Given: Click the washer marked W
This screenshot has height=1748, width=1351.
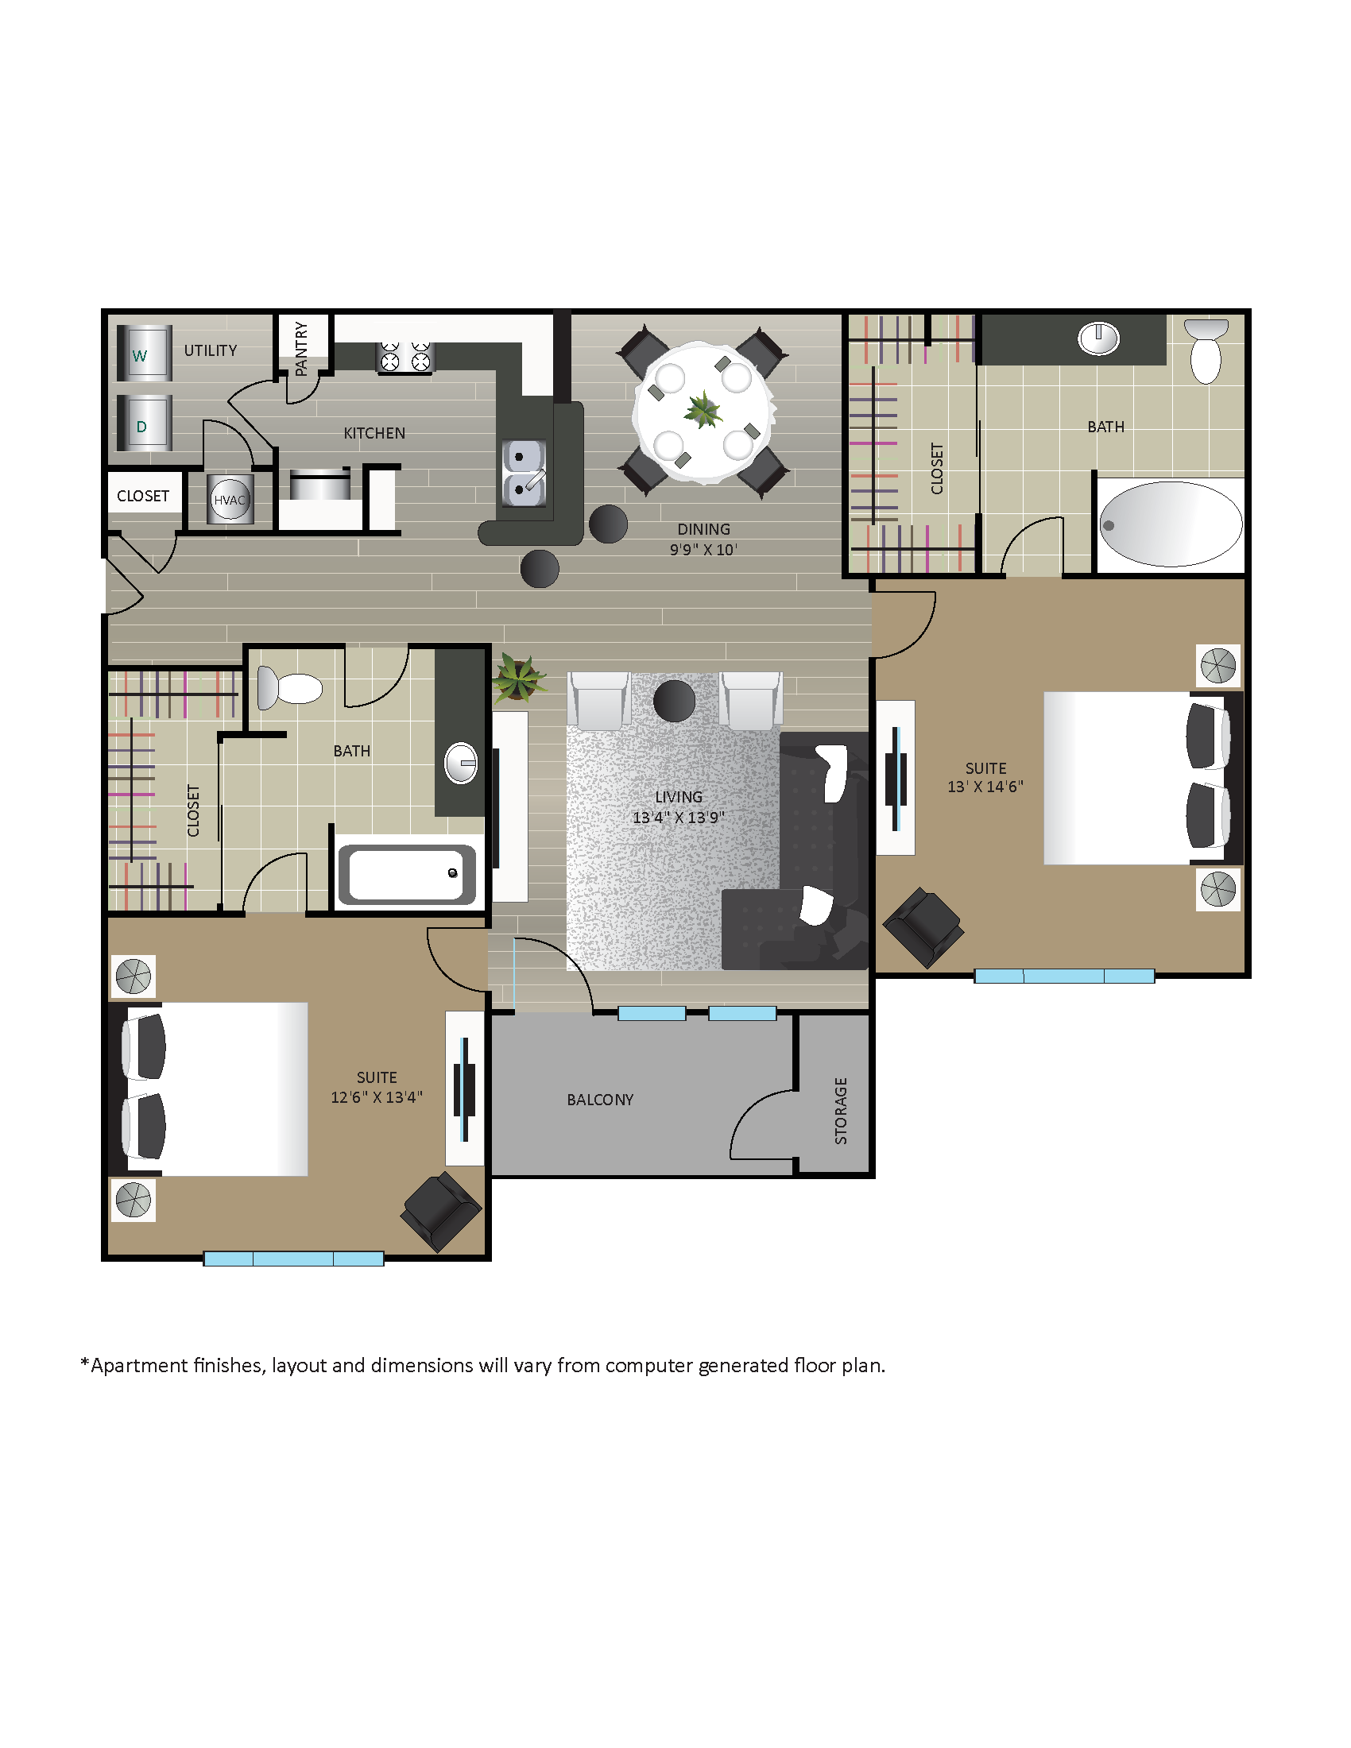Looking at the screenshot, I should [144, 353].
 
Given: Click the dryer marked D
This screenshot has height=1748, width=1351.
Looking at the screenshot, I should [144, 423].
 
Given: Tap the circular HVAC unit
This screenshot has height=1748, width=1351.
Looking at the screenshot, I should [230, 500].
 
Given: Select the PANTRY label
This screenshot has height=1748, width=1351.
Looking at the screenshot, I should [302, 348].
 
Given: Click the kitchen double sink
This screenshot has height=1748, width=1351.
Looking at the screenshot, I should [524, 472].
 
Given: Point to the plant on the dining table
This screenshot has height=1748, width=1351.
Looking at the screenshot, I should [703, 410].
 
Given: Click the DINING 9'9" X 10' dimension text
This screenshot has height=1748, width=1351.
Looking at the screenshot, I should [703, 539].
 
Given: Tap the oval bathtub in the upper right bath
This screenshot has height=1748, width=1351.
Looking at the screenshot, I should [1170, 524].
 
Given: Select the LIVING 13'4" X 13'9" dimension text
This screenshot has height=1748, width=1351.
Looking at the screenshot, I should [678, 806].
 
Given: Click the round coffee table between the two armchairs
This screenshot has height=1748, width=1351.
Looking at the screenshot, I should [674, 700].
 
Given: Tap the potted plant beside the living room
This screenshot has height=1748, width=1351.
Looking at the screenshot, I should [518, 678].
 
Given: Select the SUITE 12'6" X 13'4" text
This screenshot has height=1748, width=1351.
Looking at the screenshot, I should [376, 1087].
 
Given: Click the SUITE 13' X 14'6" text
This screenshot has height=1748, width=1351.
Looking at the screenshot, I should [985, 777].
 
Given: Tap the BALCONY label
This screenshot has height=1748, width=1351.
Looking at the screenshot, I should [599, 1100].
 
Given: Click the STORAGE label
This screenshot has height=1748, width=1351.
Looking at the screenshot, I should [840, 1110].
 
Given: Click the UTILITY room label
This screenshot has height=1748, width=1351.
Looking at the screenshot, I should [211, 350].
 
